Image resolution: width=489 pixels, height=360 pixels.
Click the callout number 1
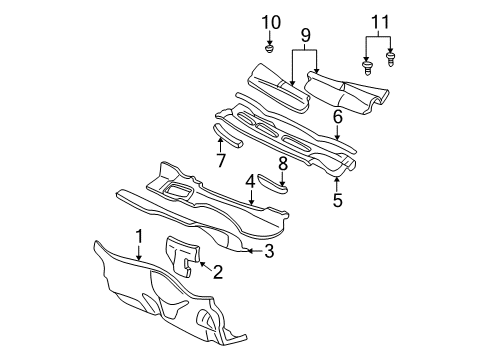coord(140,236)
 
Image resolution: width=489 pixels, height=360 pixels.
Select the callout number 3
coord(269,251)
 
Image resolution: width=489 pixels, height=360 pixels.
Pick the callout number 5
coord(338,201)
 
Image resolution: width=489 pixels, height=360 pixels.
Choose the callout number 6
coord(338,117)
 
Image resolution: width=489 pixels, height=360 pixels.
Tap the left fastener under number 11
coord(367,67)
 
